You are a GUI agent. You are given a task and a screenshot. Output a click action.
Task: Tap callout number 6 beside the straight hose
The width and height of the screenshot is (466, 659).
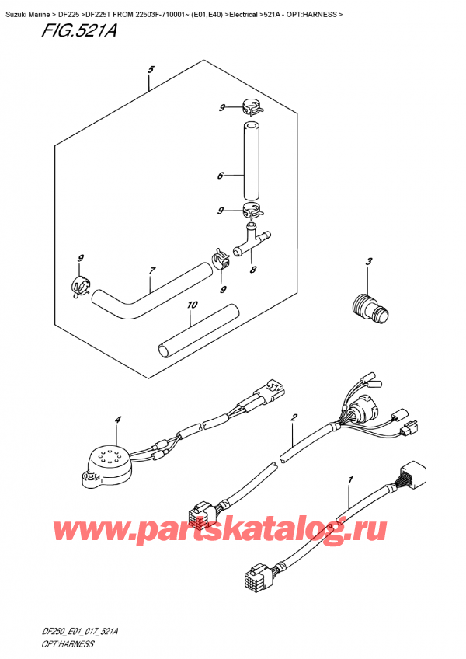point(220,176)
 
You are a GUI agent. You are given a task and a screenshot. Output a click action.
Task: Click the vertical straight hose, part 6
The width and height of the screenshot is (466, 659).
point(250,160)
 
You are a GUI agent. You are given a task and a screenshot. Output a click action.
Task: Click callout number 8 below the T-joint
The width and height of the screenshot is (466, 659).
point(253,272)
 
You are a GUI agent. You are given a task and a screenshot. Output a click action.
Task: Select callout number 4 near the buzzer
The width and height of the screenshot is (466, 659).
point(118,420)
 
